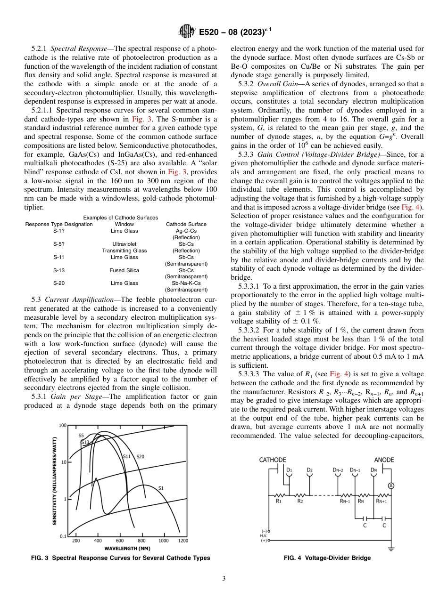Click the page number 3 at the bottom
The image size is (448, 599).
click(x=224, y=578)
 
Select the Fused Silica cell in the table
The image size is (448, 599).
click(x=124, y=270)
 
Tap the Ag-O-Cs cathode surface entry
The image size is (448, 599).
click(x=186, y=231)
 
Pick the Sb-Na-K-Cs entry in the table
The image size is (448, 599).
click(x=186, y=283)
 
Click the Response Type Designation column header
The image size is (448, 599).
click(x=59, y=225)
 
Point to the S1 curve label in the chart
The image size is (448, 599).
click(x=160, y=488)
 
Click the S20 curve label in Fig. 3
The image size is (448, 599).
click(x=140, y=456)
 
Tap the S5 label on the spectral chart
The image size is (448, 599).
click(x=81, y=436)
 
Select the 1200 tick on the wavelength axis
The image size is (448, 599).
click(x=183, y=541)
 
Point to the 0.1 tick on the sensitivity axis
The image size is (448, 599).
click(x=63, y=536)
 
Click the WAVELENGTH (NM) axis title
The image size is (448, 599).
click(x=127, y=548)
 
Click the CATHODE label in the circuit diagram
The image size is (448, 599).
click(x=273, y=460)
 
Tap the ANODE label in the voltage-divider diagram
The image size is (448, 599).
click(x=384, y=460)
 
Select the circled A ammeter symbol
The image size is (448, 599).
click(x=390, y=486)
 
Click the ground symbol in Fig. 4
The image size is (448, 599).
click(x=390, y=548)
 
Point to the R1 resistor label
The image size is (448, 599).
click(x=278, y=501)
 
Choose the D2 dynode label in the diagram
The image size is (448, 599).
click(x=309, y=469)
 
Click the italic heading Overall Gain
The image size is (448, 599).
click(x=275, y=84)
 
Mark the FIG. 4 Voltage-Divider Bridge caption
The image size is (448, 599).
click(x=327, y=558)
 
